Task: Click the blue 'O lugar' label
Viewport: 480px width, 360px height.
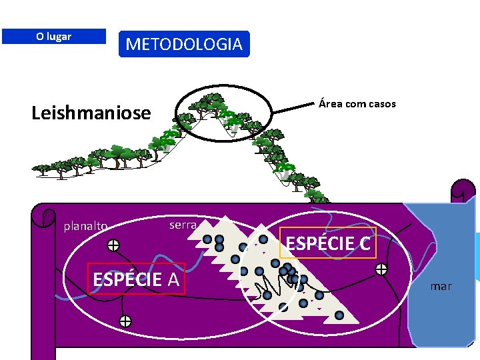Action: coord(53,36)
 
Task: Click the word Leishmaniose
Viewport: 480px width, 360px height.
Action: coord(91,113)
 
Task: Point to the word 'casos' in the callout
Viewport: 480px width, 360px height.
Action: coord(381,103)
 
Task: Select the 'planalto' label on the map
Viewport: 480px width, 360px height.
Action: coord(85,226)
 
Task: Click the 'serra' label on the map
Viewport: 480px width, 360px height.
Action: coord(183,225)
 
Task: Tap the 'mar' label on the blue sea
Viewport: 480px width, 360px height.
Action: coord(441,286)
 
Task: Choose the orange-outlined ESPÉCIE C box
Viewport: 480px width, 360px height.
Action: coord(328,243)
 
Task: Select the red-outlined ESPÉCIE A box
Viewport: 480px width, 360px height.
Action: coord(136,279)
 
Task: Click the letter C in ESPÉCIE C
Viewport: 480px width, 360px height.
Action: coord(363,244)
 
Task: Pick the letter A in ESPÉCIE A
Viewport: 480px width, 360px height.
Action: coord(173,279)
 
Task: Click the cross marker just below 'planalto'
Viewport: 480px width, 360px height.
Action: coord(113,245)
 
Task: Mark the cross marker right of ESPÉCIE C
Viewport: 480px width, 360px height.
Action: coord(381,269)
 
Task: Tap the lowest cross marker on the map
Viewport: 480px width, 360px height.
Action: coord(125,321)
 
